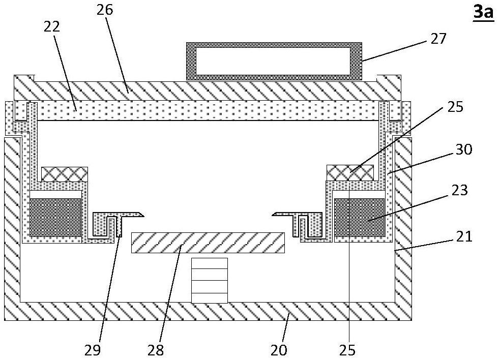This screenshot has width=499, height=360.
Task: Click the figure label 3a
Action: pyautogui.click(x=483, y=12)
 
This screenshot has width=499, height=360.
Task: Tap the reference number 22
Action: pyautogui.click(x=52, y=26)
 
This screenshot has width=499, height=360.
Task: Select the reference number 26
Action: pyautogui.click(x=105, y=10)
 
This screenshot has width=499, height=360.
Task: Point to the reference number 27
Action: pyautogui.click(x=438, y=38)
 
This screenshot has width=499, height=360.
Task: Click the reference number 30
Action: pyautogui.click(x=464, y=149)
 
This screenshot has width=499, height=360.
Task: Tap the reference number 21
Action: pyautogui.click(x=464, y=236)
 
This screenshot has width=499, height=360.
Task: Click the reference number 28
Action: pyautogui.click(x=156, y=350)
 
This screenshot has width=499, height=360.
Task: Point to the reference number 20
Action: pyautogui.click(x=279, y=350)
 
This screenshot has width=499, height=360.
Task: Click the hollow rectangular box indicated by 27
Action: pyautogui.click(x=274, y=61)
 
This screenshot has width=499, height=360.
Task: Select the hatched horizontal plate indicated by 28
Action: pyautogui.click(x=208, y=243)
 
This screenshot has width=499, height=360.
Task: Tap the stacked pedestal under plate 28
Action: pyautogui.click(x=209, y=280)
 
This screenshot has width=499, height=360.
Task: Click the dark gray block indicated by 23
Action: pyautogui.click(x=359, y=217)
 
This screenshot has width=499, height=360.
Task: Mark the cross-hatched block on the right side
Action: pyautogui.click(x=350, y=173)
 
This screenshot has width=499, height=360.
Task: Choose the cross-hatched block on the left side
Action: pyautogui.click(x=65, y=174)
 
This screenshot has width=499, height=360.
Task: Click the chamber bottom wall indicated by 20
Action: pyautogui.click(x=208, y=311)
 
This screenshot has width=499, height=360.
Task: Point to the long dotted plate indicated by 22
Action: pyautogui.click(x=208, y=110)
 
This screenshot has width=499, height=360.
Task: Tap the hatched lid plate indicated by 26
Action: pyautogui.click(x=208, y=91)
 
